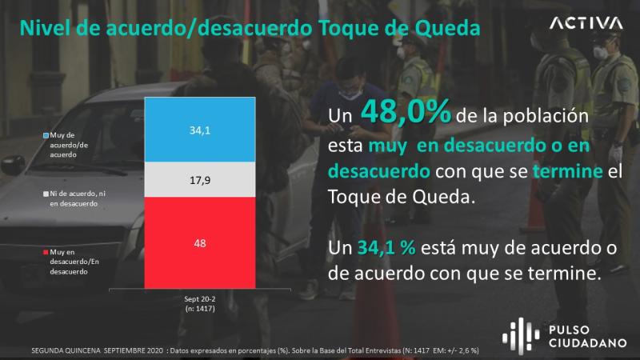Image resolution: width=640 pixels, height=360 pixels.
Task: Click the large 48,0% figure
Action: [403, 112]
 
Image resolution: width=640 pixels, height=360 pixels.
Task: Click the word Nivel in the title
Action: [42, 28]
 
